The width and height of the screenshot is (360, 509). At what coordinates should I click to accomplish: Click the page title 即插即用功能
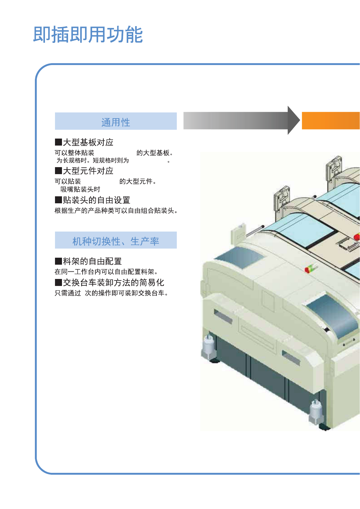pyautogui.click(x=88, y=34)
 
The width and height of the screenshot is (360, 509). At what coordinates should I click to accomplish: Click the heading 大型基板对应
pyautogui.click(x=88, y=142)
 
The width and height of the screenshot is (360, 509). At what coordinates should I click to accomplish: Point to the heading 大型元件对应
pyautogui.click(x=88, y=171)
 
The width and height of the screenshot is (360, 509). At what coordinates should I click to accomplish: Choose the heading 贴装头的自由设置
pyautogui.click(x=96, y=200)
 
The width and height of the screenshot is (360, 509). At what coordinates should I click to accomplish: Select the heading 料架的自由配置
pyautogui.click(x=92, y=261)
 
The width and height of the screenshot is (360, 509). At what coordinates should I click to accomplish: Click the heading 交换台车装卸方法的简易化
pyautogui.click(x=113, y=283)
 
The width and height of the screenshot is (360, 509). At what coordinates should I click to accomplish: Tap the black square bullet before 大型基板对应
pyautogui.click(x=58, y=142)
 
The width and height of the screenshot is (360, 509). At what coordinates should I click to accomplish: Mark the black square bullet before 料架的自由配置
pyautogui.click(x=58, y=261)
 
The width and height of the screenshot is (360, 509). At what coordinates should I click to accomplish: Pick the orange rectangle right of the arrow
pyautogui.click(x=331, y=121)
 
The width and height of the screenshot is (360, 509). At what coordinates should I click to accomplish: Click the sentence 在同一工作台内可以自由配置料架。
pyautogui.click(x=106, y=272)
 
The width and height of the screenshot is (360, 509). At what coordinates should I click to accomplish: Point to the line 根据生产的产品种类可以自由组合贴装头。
pyautogui.click(x=116, y=211)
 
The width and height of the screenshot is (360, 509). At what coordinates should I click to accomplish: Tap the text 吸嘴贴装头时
pyautogui.click(x=80, y=189)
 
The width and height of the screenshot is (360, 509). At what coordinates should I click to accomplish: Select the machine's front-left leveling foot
pyautogui.click(x=209, y=349)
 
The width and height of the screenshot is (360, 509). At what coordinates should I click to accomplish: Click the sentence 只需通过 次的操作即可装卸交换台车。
pyautogui.click(x=111, y=293)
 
